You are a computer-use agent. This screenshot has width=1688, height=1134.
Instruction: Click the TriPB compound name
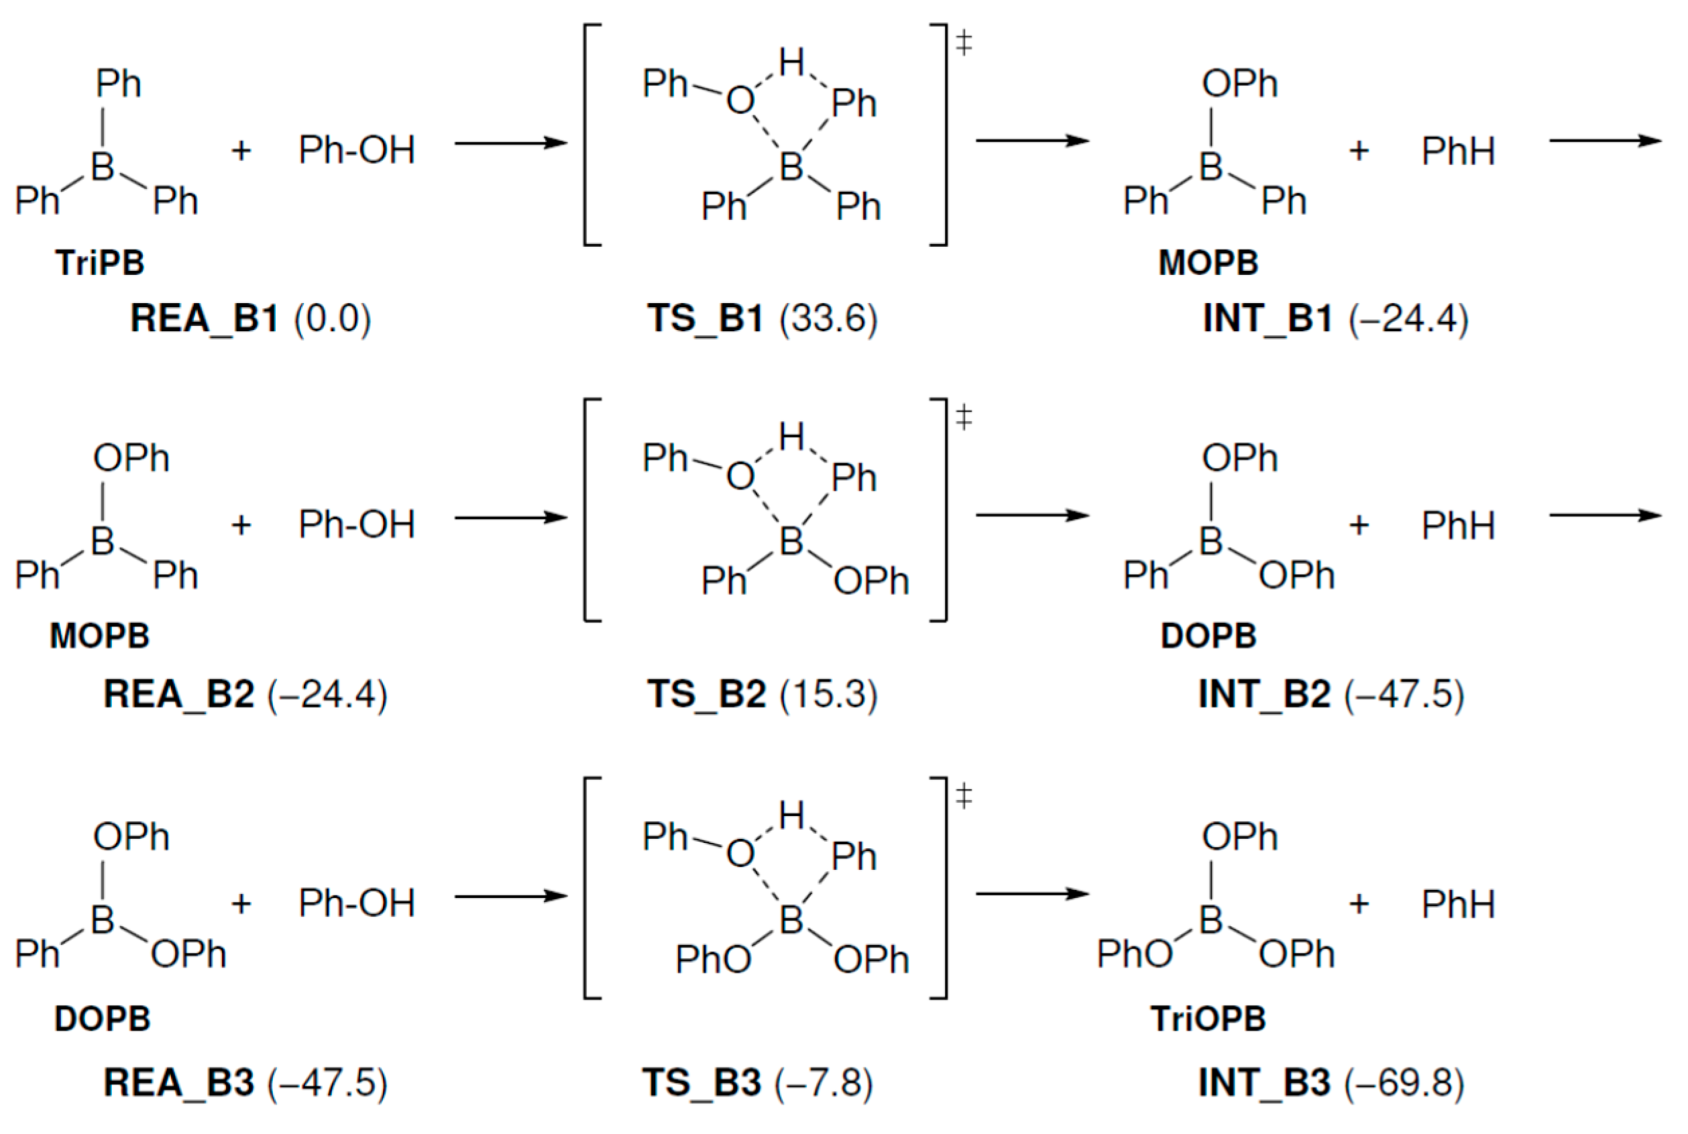point(100,262)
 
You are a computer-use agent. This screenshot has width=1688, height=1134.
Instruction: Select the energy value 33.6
point(829,319)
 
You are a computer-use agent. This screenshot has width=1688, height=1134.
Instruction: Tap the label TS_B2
point(706,693)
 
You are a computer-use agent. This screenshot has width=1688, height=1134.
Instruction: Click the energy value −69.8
point(1404,1082)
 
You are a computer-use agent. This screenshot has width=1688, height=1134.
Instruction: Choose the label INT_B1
point(1266,319)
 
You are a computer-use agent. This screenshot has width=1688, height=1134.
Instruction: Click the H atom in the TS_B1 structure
point(792,62)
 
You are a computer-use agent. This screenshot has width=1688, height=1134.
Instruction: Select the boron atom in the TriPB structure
point(103,167)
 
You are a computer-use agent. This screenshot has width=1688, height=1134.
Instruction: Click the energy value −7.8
point(824,1082)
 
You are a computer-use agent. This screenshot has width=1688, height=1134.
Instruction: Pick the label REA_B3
point(178,1082)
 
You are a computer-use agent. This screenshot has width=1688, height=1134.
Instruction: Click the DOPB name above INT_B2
point(1208,636)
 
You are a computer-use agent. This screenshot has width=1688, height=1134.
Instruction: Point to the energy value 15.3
point(829,693)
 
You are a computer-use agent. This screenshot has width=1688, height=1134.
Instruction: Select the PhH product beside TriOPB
point(1457,904)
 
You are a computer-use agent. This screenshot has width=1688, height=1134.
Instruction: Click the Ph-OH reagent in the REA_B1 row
point(357,150)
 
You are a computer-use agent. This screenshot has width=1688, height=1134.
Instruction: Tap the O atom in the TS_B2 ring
point(740,477)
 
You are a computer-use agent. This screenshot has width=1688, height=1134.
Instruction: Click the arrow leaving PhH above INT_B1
point(1606,141)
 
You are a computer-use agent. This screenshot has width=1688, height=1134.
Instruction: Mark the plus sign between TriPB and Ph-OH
point(241,150)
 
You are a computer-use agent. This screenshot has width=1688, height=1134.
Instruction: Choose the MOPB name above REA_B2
point(100,636)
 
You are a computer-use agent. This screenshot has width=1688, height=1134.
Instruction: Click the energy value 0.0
point(332,319)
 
